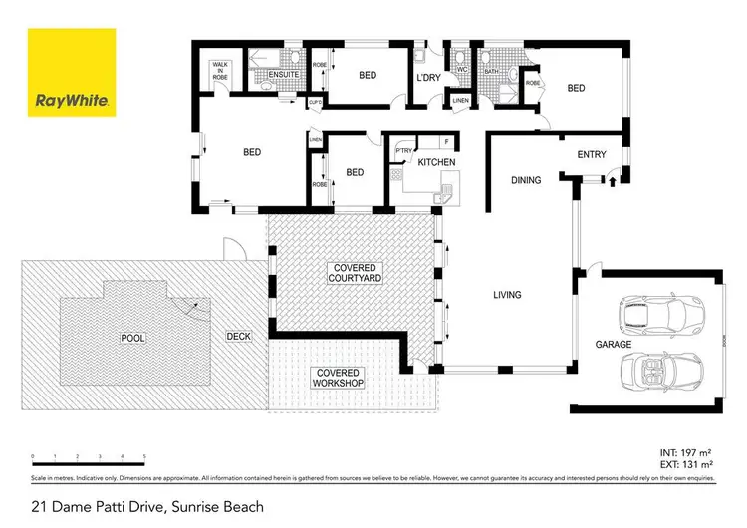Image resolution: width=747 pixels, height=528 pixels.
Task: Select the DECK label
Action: click(x=238, y=337)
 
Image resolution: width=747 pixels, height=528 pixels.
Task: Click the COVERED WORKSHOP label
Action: click(x=338, y=377)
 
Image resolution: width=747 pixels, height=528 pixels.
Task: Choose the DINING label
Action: click(x=526, y=180)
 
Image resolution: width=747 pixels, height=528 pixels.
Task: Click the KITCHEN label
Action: click(x=436, y=161)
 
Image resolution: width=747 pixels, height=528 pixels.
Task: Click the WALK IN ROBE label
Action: click(x=219, y=71)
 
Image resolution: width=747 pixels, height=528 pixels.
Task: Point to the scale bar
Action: click(x=89, y=459)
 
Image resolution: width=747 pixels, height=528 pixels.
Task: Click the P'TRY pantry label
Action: click(x=404, y=151)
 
